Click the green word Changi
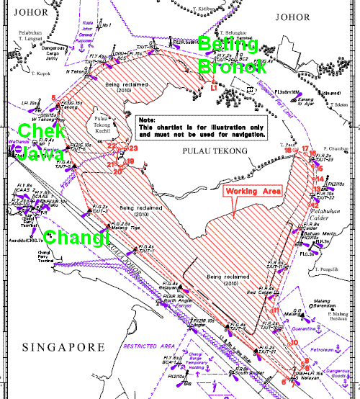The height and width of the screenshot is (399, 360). pos(74,237)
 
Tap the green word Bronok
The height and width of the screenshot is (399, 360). pos(233,66)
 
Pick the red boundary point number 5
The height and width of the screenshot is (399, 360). pos(54,98)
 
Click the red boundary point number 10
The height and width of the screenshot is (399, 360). pos(293,343)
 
